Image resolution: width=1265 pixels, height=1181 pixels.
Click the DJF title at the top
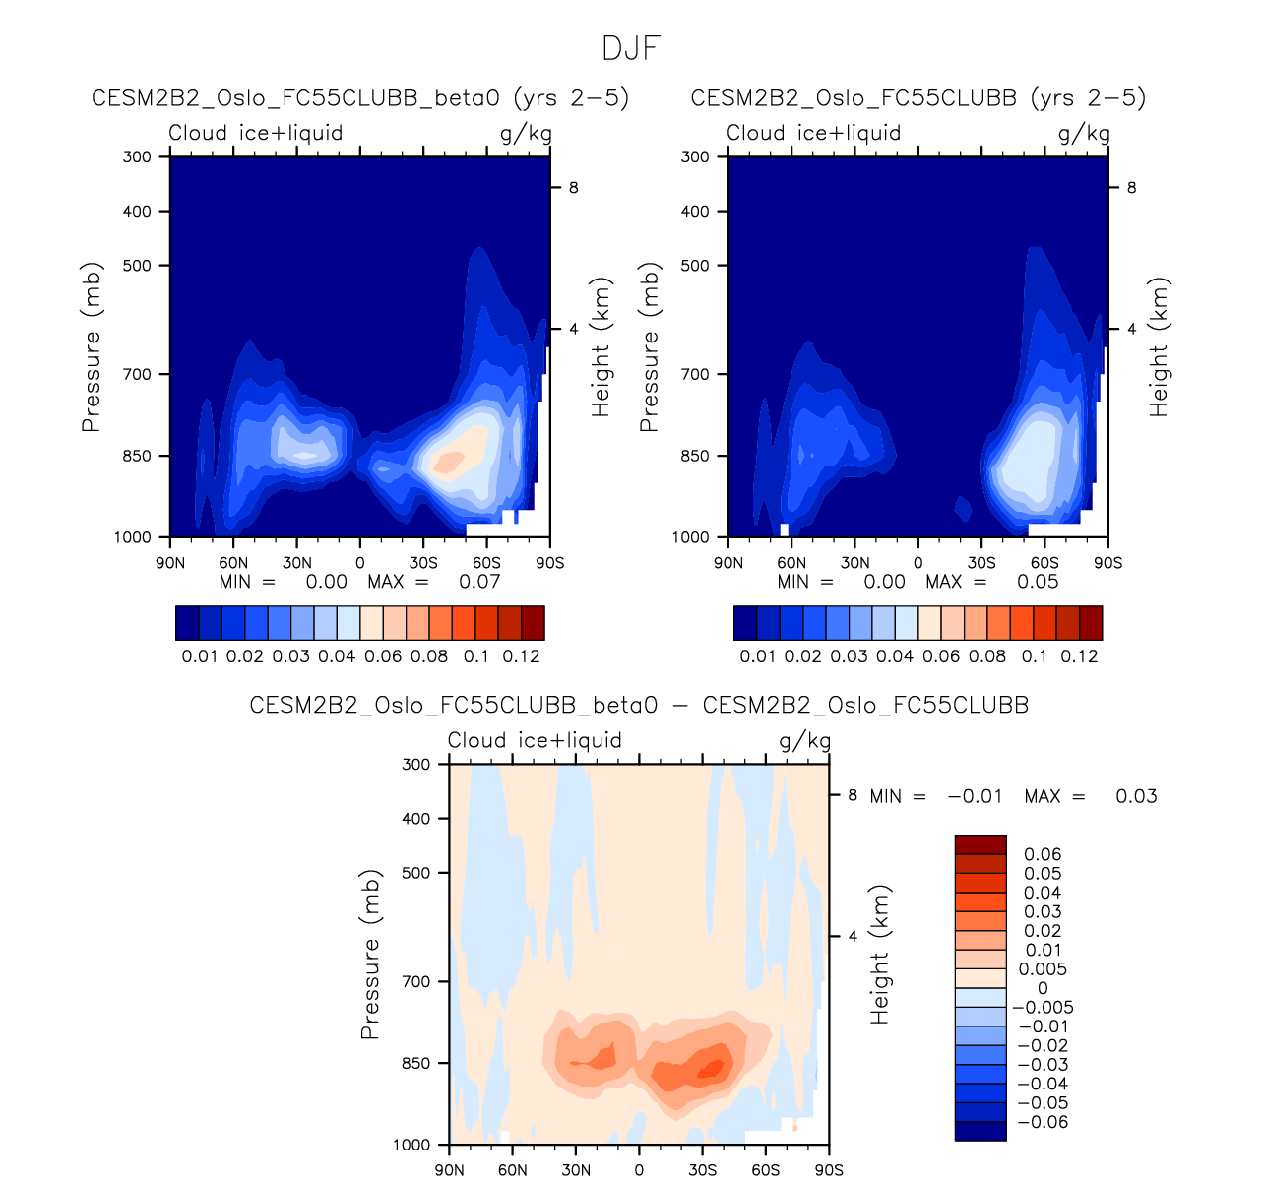click(x=631, y=48)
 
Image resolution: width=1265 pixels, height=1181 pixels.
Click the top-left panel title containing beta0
click(x=359, y=98)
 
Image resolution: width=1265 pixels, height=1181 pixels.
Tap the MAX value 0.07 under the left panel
click(x=479, y=582)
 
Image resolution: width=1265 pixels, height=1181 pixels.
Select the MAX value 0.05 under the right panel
click(x=1038, y=582)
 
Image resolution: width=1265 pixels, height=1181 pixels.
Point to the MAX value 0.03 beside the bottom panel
click(x=1136, y=796)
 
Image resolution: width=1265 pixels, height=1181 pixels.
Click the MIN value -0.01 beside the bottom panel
click(x=975, y=796)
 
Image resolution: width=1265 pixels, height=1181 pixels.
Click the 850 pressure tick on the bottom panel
click(x=416, y=1064)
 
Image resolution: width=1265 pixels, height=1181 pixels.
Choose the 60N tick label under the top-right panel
click(x=791, y=563)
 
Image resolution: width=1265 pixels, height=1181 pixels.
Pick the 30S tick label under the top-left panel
click(x=423, y=563)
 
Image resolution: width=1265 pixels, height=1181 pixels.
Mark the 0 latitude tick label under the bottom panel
click(x=639, y=1170)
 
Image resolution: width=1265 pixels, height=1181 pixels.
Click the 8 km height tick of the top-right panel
click(x=1131, y=188)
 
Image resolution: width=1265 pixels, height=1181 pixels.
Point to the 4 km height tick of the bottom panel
click(x=853, y=936)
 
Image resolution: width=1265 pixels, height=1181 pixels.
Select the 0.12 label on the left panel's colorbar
click(x=522, y=656)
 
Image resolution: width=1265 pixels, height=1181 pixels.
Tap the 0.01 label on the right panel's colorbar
click(x=758, y=656)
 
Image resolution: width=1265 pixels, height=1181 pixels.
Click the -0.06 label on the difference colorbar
click(x=1043, y=1122)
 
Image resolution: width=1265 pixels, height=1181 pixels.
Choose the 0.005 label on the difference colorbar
click(x=1043, y=969)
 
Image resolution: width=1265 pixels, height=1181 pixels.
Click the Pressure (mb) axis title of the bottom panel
click(x=370, y=954)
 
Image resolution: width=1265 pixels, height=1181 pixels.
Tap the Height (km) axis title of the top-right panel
click(x=1159, y=346)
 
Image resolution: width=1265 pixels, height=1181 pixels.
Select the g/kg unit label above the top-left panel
click(x=526, y=134)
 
